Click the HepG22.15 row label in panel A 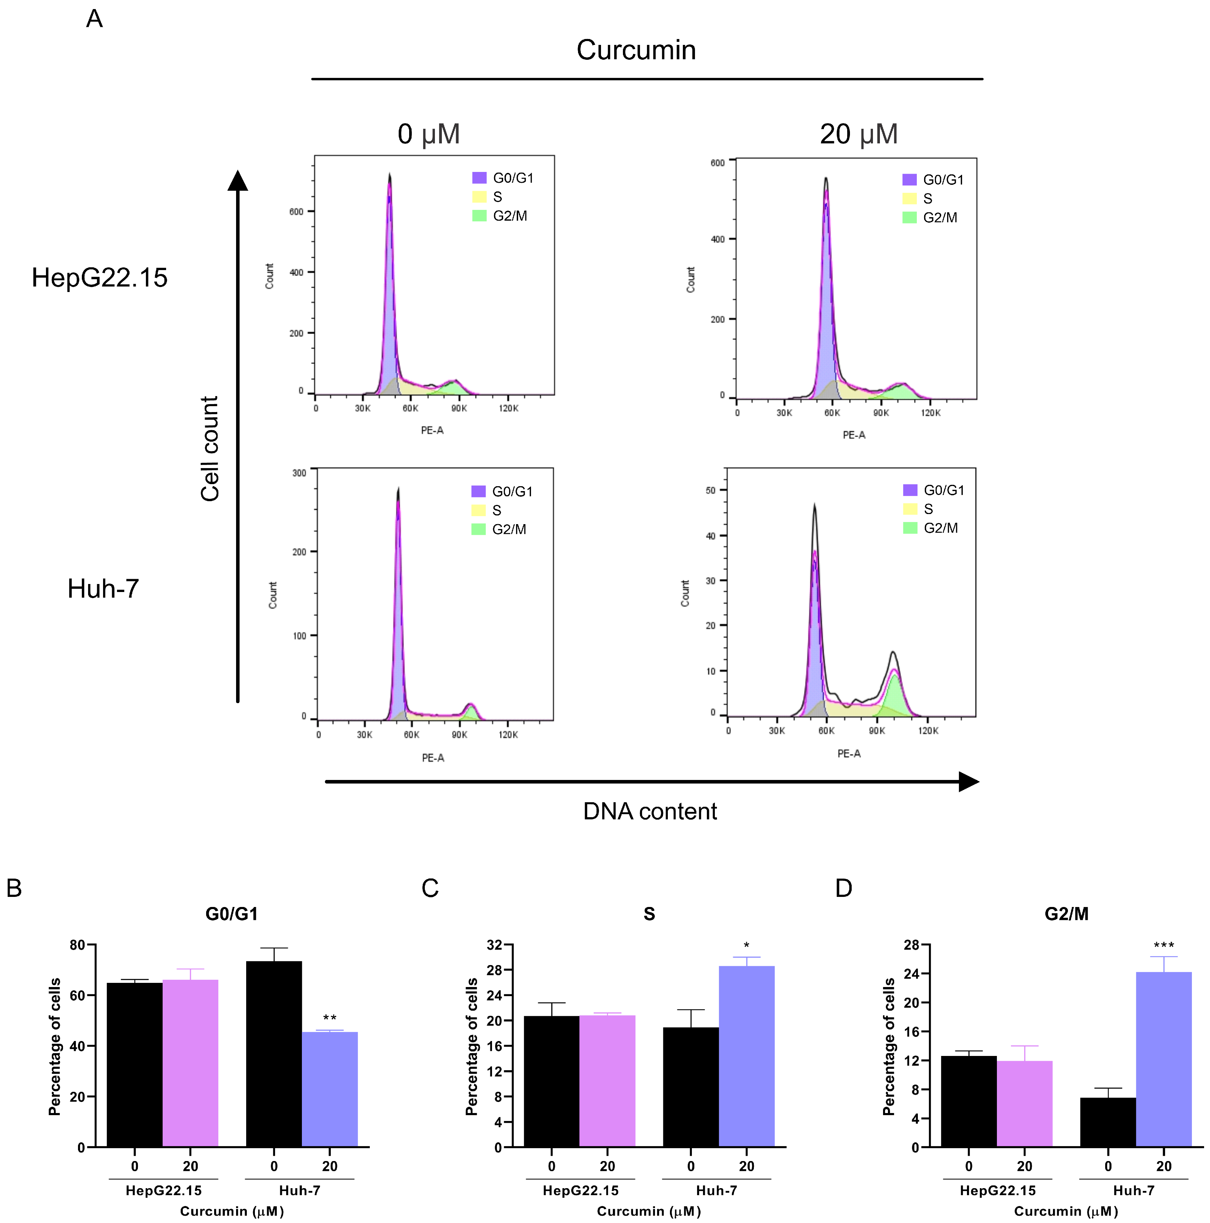[99, 278]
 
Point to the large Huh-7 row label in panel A [103, 589]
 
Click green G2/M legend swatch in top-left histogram [479, 216]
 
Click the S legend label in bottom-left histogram [497, 510]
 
